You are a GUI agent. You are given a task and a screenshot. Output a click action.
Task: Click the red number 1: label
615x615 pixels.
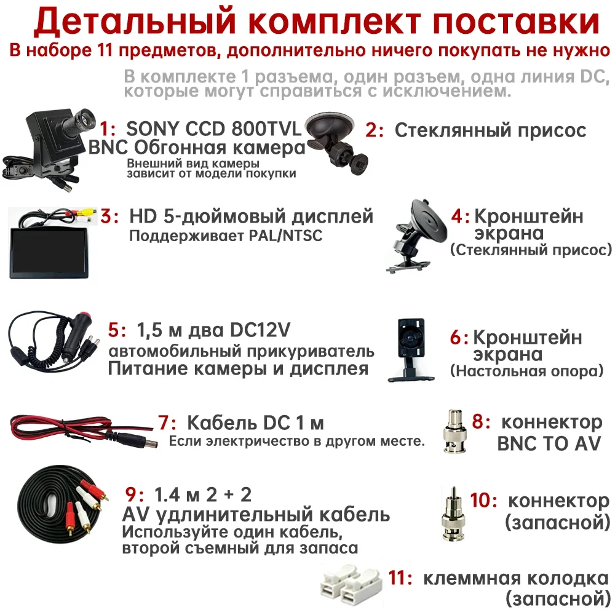(107, 129)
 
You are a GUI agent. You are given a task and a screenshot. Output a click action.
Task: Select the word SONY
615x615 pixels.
(152, 129)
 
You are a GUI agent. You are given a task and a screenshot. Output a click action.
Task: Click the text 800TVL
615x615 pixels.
(266, 129)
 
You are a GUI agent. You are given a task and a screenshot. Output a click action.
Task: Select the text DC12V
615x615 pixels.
(260, 330)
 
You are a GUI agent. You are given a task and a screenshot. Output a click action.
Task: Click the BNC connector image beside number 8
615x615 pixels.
(454, 432)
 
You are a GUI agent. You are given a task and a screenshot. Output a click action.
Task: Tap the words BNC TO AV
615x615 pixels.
(549, 443)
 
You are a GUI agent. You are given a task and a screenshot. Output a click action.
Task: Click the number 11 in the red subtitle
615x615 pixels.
(103, 50)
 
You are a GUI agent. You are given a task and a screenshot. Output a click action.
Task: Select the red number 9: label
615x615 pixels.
(135, 494)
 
